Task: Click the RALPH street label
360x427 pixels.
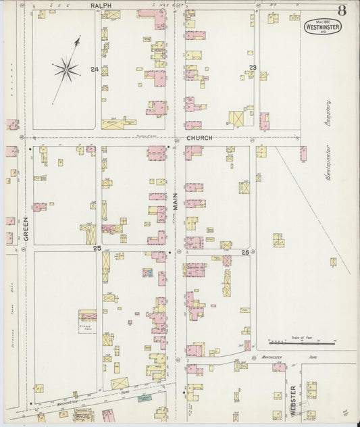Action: (x=101, y=5)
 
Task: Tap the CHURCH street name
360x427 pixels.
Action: (x=200, y=138)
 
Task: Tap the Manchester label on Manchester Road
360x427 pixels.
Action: (x=273, y=357)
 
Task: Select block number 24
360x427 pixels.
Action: (x=94, y=69)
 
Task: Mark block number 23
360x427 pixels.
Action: (x=252, y=67)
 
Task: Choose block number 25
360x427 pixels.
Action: (x=97, y=249)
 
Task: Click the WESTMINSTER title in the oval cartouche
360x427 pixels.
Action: (x=322, y=28)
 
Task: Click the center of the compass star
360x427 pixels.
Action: (x=66, y=68)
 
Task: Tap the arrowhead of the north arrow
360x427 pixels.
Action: (x=78, y=41)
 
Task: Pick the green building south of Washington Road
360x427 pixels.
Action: (x=143, y=399)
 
